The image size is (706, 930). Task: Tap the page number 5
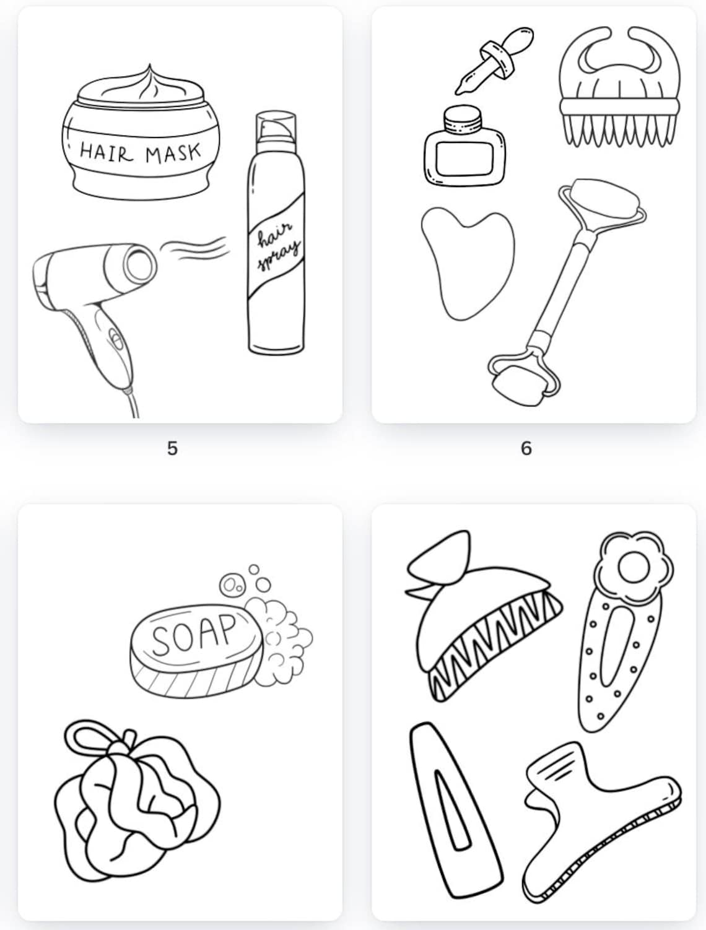pos(173,448)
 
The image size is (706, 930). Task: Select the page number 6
pos(526,448)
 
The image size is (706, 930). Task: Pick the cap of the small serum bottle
pos(463,120)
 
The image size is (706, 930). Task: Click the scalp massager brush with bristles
pos(619,93)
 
